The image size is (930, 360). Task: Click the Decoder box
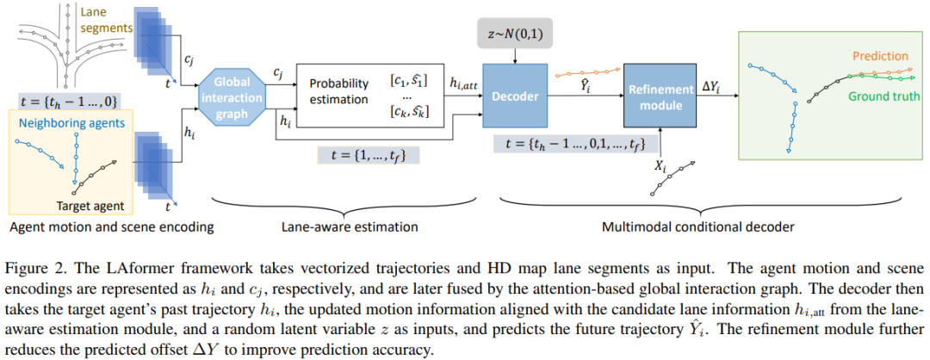point(515,96)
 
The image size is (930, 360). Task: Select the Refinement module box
point(660,97)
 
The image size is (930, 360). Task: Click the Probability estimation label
point(339,91)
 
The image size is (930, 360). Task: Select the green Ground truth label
point(883,96)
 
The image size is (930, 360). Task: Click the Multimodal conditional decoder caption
point(673,227)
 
